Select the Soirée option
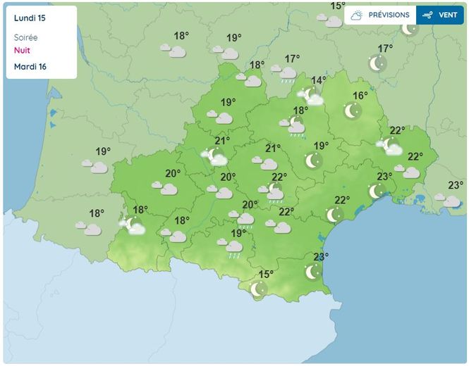click(26, 37)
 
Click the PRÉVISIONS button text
click(389, 15)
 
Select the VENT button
click(448, 15)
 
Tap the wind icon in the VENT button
click(427, 15)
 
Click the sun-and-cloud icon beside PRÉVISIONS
click(357, 15)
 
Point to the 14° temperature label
click(319, 80)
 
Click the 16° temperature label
click(360, 96)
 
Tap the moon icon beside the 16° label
click(352, 111)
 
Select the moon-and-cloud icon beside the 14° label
click(310, 96)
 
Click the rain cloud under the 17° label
click(287, 74)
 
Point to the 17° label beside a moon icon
click(385, 49)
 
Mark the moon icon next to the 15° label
click(259, 289)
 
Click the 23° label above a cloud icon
click(456, 185)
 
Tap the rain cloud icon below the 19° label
click(234, 247)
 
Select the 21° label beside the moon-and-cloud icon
click(223, 141)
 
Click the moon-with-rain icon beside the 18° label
click(296, 126)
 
